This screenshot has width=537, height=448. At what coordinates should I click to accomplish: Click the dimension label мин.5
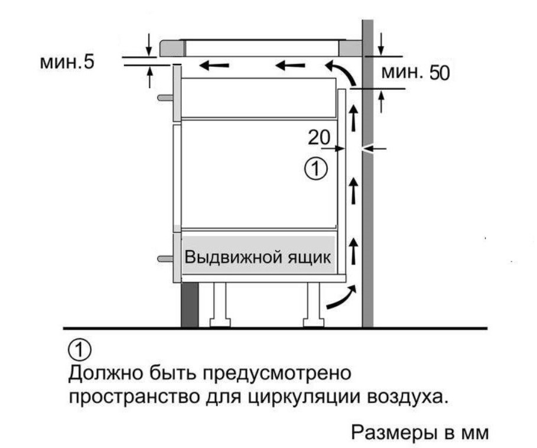tap(67, 62)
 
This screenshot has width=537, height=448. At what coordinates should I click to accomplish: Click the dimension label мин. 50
tap(415, 72)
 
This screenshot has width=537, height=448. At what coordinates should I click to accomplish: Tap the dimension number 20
tap(319, 137)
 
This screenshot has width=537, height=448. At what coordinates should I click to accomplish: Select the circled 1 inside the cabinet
tap(316, 168)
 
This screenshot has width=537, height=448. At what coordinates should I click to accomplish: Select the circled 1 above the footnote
tap(80, 350)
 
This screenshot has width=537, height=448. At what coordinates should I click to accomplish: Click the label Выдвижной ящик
tap(258, 257)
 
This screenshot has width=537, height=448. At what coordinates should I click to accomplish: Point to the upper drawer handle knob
tap(165, 98)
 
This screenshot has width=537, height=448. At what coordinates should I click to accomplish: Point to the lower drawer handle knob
tap(165, 259)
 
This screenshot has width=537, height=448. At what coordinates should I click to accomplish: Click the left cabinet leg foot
tap(220, 323)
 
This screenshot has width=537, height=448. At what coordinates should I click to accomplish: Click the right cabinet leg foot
tap(314, 323)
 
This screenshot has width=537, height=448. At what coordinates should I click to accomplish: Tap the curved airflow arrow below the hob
tap(343, 72)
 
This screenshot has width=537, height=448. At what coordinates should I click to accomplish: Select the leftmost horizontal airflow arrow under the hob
tap(214, 65)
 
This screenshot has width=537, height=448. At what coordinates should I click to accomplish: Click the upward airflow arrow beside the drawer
tap(353, 252)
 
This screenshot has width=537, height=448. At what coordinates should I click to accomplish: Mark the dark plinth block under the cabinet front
tap(190, 305)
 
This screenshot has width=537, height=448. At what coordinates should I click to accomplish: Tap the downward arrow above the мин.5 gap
tap(149, 44)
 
